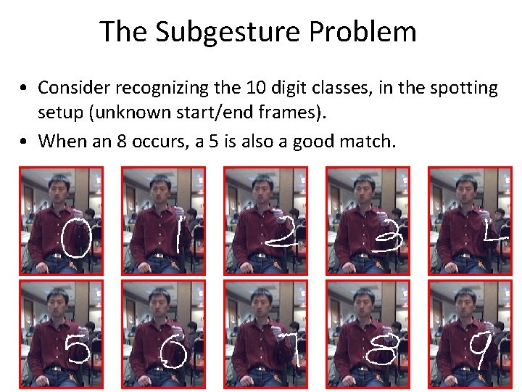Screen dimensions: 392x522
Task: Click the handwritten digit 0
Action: pyautogui.click(x=76, y=239)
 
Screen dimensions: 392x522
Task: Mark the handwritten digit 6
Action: pyautogui.click(x=175, y=356)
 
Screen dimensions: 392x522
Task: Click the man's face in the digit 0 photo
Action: pyautogui.click(x=59, y=191)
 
